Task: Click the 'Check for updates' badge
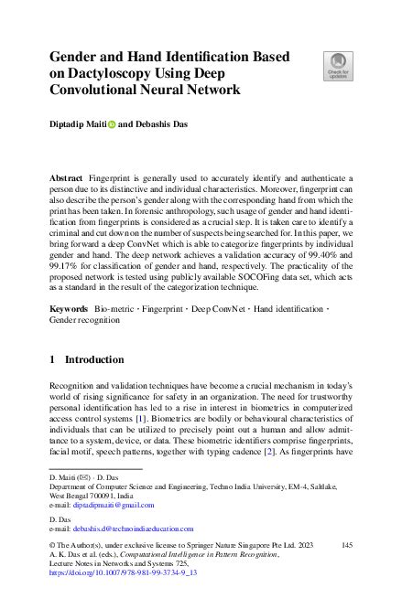coord(337,66)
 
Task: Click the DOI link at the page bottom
coord(123,572)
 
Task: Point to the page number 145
coord(346,544)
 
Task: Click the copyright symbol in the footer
coord(52,544)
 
